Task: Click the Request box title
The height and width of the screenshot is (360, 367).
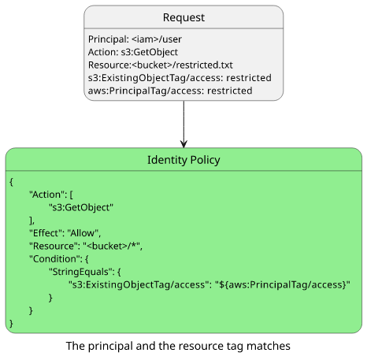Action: point(183,17)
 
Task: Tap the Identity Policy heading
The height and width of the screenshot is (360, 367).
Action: point(183,160)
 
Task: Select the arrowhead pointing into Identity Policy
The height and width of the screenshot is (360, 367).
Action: point(183,144)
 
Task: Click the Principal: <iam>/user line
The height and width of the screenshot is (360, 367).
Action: point(135,39)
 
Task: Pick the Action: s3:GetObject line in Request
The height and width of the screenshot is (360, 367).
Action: point(133,52)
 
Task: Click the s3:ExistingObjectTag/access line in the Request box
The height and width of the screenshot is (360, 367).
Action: point(180,78)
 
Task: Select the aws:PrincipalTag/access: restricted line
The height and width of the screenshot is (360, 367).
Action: point(170,91)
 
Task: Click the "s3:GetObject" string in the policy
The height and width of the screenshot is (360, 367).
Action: point(81,207)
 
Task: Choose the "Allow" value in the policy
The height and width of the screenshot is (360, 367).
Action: point(83,233)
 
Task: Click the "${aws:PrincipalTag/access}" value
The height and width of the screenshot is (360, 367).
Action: point(283,285)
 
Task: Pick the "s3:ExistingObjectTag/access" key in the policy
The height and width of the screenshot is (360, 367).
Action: point(139,285)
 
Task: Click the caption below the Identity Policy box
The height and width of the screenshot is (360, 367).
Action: point(178,346)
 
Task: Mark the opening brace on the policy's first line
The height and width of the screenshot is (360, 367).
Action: point(11,182)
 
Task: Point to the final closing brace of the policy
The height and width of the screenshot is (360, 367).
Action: point(11,324)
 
